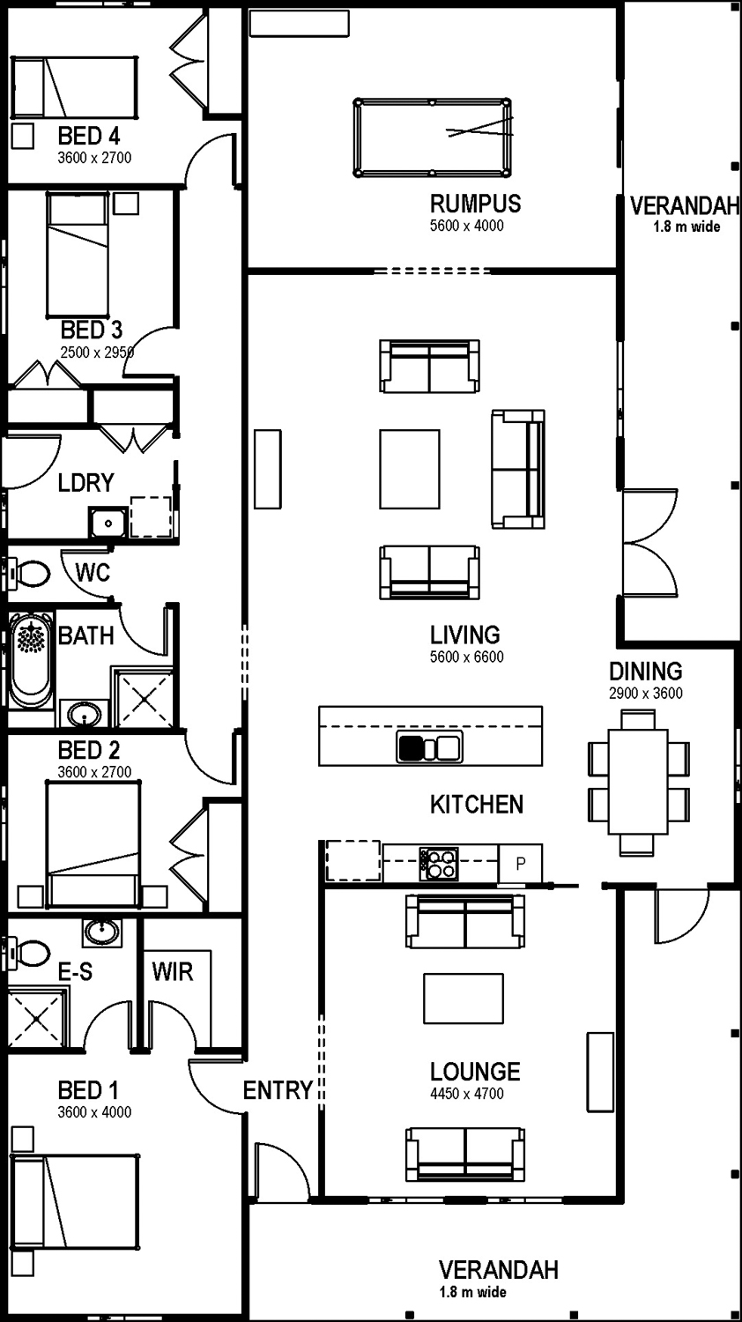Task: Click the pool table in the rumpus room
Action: pyautogui.click(x=432, y=137)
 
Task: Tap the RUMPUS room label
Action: pyautogui.click(x=475, y=204)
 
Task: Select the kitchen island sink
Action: pyautogui.click(x=430, y=747)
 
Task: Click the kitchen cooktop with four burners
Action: pyautogui.click(x=439, y=864)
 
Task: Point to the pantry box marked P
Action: pyautogui.click(x=520, y=864)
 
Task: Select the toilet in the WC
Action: pyautogui.click(x=28, y=574)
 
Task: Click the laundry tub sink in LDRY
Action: pyautogui.click(x=108, y=522)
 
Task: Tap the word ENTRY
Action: pyautogui.click(x=278, y=1090)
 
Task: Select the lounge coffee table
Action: pyautogui.click(x=464, y=999)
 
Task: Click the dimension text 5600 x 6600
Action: pyautogui.click(x=466, y=657)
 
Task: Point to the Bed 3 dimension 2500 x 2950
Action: pyautogui.click(x=97, y=353)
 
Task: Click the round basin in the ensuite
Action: pyautogui.click(x=102, y=933)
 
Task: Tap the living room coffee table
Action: pyautogui.click(x=409, y=469)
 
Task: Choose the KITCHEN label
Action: pyautogui.click(x=477, y=805)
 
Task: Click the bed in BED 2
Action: pyautogui.click(x=93, y=844)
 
